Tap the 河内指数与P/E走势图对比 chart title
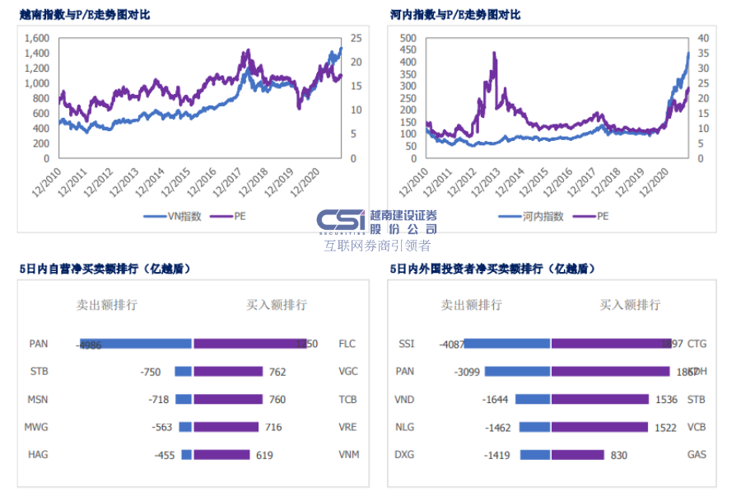(x=455, y=15)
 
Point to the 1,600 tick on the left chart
(x=37, y=38)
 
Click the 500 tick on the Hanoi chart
(x=408, y=38)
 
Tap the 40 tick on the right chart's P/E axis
(x=701, y=38)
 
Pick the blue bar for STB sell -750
(x=183, y=372)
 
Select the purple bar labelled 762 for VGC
(x=228, y=372)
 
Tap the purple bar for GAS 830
(x=577, y=454)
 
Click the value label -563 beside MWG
(x=163, y=427)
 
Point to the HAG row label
(x=38, y=454)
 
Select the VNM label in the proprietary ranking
(x=348, y=454)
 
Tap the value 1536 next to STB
(x=666, y=400)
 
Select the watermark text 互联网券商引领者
(x=377, y=246)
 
